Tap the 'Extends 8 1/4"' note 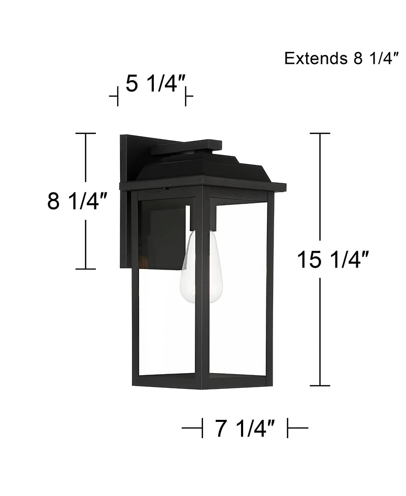(x=339, y=58)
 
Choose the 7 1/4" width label (x=245, y=429)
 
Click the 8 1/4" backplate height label (x=77, y=201)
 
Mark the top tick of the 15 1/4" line (x=320, y=134)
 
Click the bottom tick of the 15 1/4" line (x=320, y=386)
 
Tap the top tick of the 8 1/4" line (x=85, y=134)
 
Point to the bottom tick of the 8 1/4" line (x=85, y=269)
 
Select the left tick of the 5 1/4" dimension (x=117, y=96)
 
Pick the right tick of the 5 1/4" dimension (x=186, y=96)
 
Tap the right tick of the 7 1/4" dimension (x=288, y=429)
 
